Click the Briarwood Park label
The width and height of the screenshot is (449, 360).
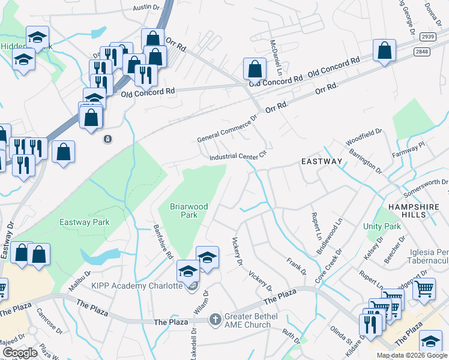[189, 211]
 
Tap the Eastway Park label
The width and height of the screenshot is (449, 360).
[85, 222]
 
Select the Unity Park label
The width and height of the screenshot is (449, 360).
[382, 227]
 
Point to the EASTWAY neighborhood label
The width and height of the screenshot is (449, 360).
[321, 161]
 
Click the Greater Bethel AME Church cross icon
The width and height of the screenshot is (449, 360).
[215, 318]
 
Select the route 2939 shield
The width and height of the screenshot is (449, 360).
[427, 36]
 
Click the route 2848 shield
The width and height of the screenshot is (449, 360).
[421, 52]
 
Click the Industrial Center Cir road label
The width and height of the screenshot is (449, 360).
[237, 157]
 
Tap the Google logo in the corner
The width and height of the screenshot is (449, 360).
[20, 353]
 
